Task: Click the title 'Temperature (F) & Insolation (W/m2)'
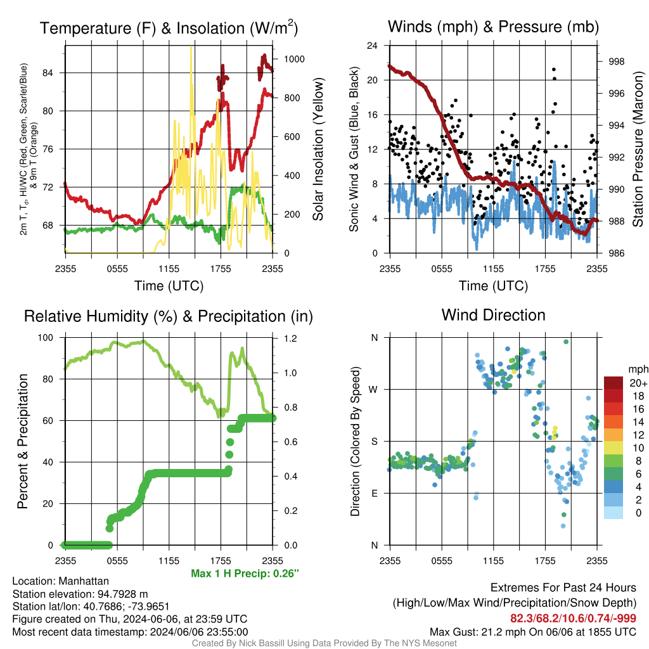pyautogui.click(x=169, y=28)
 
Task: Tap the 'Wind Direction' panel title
pyautogui.click(x=493, y=315)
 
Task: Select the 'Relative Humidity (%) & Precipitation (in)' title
pyautogui.click(x=169, y=316)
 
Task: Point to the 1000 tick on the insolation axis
pyautogui.click(x=294, y=59)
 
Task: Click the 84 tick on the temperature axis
pyautogui.click(x=48, y=73)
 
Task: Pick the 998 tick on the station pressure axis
pyautogui.click(x=616, y=61)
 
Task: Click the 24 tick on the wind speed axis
pyautogui.click(x=372, y=46)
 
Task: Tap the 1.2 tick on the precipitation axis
pyautogui.click(x=290, y=338)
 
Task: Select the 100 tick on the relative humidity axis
pyautogui.click(x=46, y=338)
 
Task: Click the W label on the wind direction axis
pyautogui.click(x=373, y=390)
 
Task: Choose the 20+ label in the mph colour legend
pyautogui.click(x=638, y=383)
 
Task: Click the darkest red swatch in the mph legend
pyautogui.click(x=614, y=383)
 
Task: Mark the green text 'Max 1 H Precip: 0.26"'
pyautogui.click(x=245, y=573)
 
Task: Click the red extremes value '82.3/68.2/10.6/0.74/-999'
pyautogui.click(x=573, y=618)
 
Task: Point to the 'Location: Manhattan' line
pyautogui.click(x=60, y=581)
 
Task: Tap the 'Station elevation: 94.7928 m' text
pyautogui.click(x=80, y=594)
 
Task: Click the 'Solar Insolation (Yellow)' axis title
pyautogui.click(x=318, y=150)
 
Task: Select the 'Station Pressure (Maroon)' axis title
pyautogui.click(x=638, y=149)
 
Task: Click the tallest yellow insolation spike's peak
pyautogui.click(x=191, y=47)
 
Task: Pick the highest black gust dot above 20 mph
pyautogui.click(x=554, y=70)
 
